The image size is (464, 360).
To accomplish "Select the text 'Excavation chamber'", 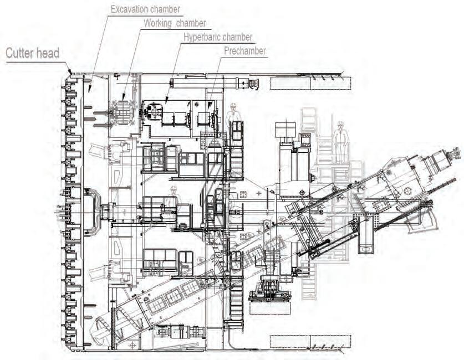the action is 145,9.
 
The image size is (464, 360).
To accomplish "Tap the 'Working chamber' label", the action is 175,23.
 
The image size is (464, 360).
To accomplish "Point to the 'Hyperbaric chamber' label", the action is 218,37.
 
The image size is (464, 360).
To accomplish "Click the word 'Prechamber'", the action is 245,51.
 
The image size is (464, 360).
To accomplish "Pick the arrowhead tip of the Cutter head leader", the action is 70,72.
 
